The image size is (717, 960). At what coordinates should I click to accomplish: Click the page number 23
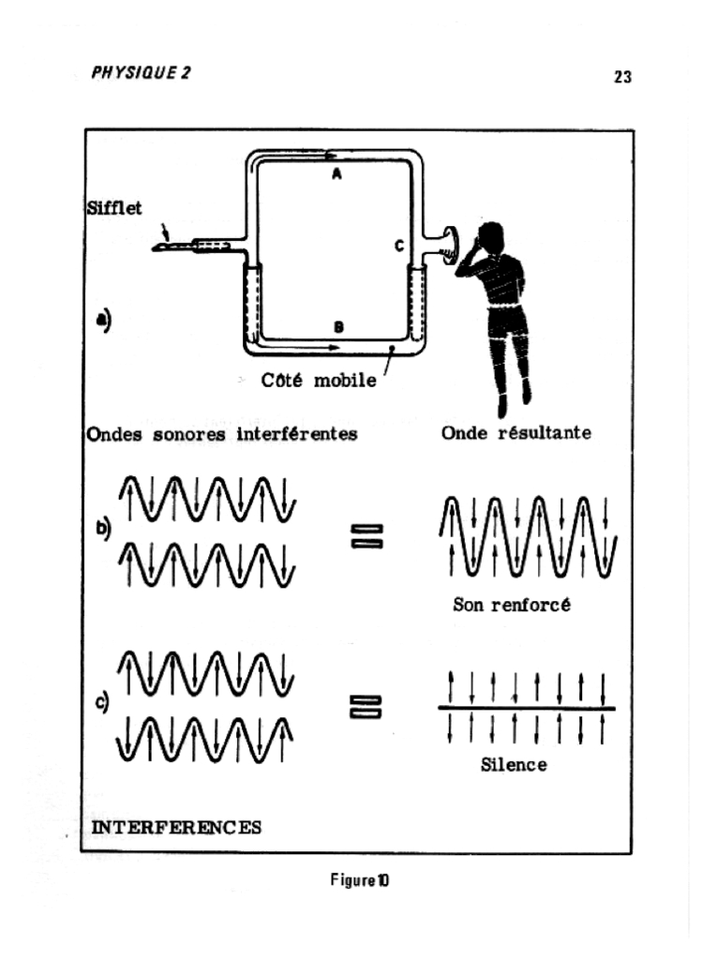coord(622,78)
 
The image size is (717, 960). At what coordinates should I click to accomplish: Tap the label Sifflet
coord(114,208)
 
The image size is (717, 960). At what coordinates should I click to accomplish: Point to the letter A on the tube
coord(336,172)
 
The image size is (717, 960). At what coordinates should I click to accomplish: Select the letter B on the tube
coord(337,326)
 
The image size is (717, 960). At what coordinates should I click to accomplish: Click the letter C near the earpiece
coord(398,246)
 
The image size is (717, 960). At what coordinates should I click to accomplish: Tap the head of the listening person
coord(490,238)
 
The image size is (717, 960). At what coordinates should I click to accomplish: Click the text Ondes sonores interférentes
coord(222,435)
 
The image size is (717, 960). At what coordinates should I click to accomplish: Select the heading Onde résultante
coord(516,434)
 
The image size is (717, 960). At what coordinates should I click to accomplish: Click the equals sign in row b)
coord(366,536)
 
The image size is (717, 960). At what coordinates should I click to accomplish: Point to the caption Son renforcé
coord(512,606)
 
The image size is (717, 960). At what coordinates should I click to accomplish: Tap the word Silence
coord(514,765)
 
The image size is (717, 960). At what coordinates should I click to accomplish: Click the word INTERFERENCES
coord(175,827)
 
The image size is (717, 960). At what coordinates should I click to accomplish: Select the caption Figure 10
coord(360,880)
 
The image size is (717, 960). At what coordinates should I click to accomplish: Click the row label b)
coord(103,528)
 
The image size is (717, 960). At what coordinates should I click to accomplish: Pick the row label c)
coord(103,700)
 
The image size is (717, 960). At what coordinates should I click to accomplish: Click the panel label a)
coord(103,320)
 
